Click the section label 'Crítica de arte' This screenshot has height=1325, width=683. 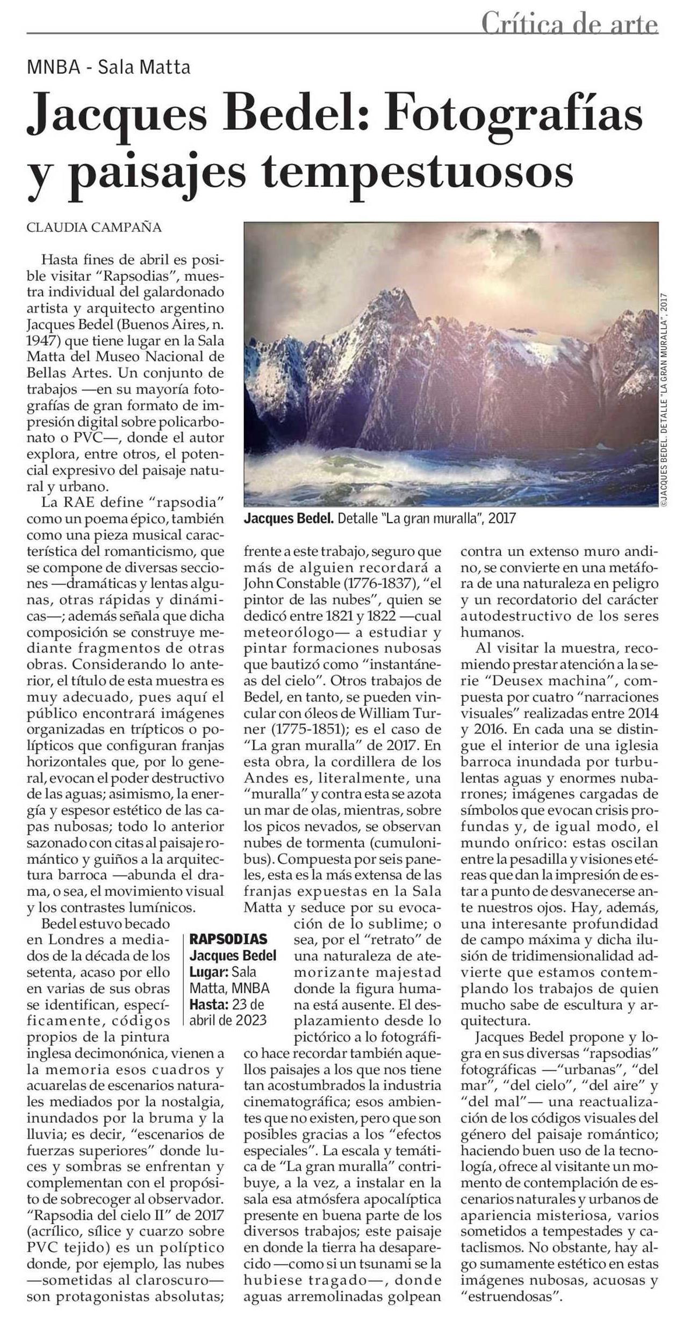[569, 24]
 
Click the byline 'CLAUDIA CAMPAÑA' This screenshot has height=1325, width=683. [94, 227]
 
